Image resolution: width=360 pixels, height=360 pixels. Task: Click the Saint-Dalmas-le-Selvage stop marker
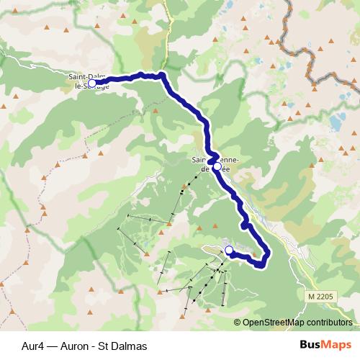click(91, 84)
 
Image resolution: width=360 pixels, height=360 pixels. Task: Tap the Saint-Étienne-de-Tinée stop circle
click(217, 166)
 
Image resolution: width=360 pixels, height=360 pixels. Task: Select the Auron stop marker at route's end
click(230, 250)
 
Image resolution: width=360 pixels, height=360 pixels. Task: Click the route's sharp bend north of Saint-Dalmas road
click(163, 75)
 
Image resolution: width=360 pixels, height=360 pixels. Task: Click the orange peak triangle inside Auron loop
click(253, 255)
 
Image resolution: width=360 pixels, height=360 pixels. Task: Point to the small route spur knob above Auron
click(246, 225)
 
